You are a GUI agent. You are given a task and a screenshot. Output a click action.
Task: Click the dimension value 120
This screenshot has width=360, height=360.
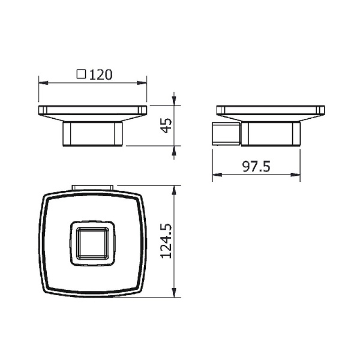[x=101, y=75]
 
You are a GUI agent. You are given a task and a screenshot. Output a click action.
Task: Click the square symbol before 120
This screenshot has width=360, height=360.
[x=81, y=75]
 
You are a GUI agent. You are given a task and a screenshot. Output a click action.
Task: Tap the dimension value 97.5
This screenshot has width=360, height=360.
[x=257, y=166]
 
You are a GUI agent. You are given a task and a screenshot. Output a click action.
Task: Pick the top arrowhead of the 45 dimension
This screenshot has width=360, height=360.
[x=175, y=101]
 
